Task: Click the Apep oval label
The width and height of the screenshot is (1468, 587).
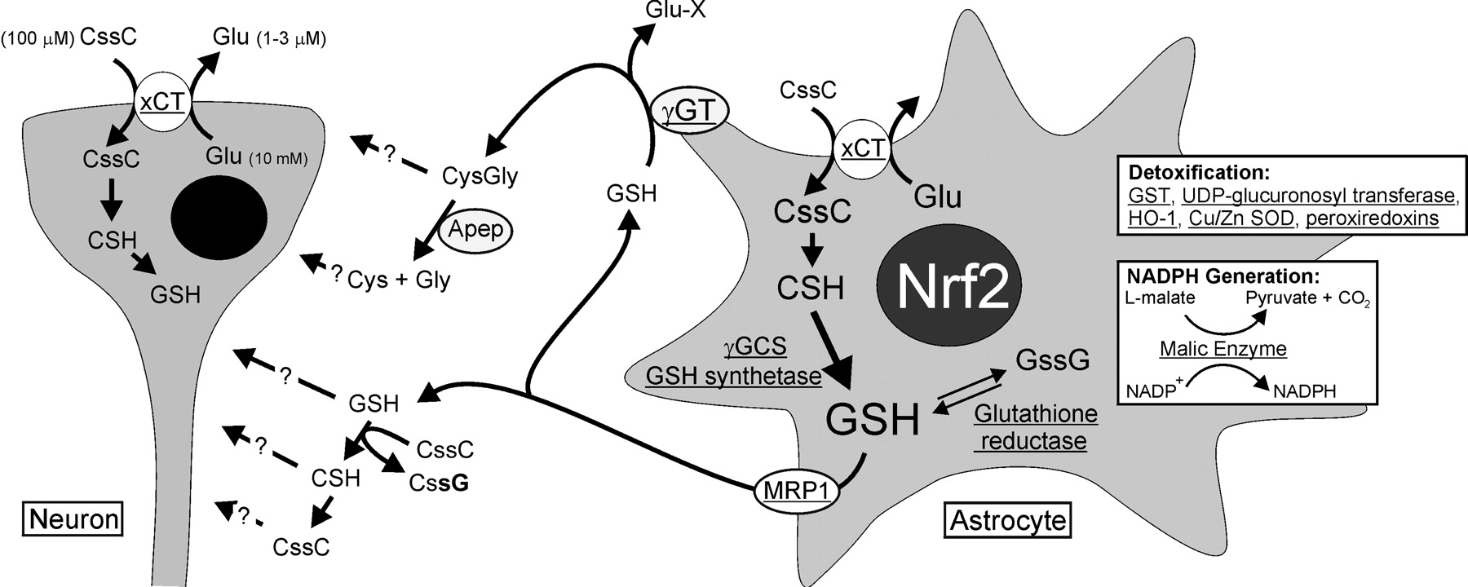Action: click(476, 230)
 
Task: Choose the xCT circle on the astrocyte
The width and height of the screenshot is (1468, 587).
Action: click(862, 148)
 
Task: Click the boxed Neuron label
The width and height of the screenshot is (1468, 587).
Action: click(73, 519)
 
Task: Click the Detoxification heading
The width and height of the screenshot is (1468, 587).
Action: click(1186, 173)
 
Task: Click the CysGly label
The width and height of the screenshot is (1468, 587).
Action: click(480, 175)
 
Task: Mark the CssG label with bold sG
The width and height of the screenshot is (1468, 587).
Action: click(439, 483)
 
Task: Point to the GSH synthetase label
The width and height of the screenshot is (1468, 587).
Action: click(733, 376)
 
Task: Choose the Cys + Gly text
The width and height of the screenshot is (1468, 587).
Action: click(399, 280)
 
